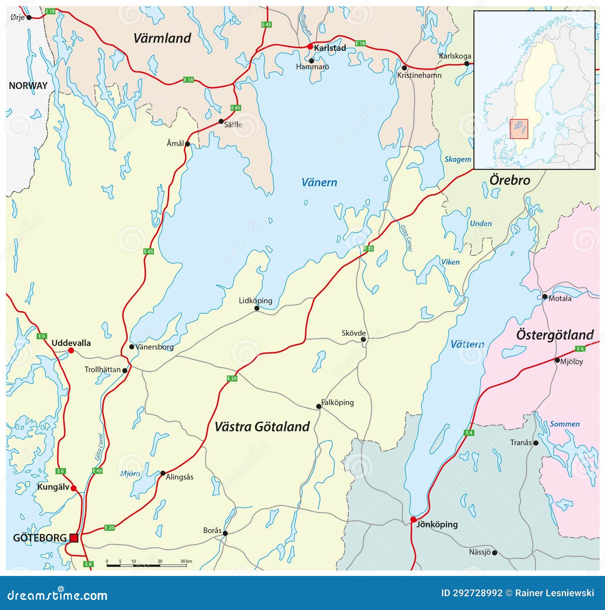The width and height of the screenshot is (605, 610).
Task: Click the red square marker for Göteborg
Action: [x=74, y=538]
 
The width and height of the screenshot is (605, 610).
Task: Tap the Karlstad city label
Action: [x=330, y=48]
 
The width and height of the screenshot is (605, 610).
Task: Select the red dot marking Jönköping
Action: [x=413, y=519]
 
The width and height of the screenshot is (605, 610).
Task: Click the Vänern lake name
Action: [x=319, y=182]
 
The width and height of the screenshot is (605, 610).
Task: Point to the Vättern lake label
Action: [x=467, y=344]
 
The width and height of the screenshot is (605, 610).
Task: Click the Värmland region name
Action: [x=162, y=38]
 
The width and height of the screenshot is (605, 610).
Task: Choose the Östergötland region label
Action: [x=555, y=335]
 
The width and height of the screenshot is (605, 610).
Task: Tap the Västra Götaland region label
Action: [x=262, y=426]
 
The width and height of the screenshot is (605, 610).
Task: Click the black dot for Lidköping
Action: [x=257, y=308]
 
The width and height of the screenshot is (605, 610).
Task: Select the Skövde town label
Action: [x=354, y=333]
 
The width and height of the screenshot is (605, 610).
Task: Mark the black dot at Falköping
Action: [x=319, y=406]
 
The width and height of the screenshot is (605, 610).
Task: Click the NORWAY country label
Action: [x=28, y=86]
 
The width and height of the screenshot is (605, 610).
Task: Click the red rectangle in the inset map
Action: [x=519, y=129]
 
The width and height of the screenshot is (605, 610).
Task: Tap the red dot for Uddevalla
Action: [x=71, y=351]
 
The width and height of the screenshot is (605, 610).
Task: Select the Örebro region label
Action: [x=510, y=180]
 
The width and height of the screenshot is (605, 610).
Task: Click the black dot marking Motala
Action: [x=544, y=297]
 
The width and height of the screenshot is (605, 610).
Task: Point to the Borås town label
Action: [x=212, y=530]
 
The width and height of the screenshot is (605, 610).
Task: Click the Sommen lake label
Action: [x=565, y=424]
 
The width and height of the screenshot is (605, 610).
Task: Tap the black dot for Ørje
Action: [x=29, y=17]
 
